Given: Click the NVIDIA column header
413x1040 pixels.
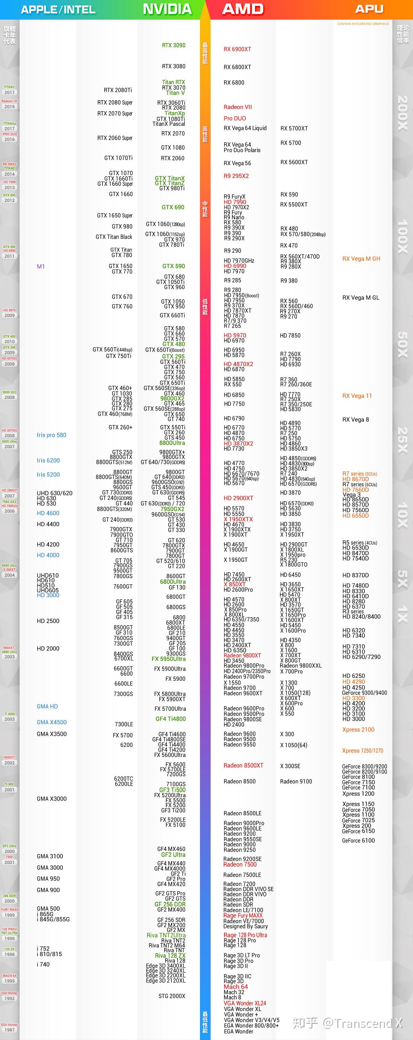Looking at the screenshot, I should click(167, 9).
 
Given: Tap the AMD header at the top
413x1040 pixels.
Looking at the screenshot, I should click(243, 9).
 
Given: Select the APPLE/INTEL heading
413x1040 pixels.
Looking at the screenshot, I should click(58, 10).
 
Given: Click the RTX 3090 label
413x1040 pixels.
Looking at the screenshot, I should click(173, 45).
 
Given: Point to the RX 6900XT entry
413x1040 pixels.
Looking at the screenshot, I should click(237, 49).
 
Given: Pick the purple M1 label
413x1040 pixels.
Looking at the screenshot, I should click(41, 267).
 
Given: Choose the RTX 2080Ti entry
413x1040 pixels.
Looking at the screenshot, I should click(118, 90).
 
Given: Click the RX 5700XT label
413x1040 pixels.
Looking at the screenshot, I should click(294, 128).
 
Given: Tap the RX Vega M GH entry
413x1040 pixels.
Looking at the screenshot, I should click(361, 259).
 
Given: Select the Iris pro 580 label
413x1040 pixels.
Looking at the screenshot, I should click(51, 435).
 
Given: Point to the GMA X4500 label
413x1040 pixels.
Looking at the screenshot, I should click(52, 722).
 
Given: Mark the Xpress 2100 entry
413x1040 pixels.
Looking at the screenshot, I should click(358, 730).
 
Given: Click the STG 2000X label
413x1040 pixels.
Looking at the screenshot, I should click(172, 996).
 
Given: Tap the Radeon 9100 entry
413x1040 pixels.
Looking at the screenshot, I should click(296, 781).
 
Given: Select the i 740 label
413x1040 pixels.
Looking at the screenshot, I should click(43, 964).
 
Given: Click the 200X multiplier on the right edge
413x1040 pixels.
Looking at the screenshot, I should click(403, 113).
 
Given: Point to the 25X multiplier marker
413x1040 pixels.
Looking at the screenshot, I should click(403, 440).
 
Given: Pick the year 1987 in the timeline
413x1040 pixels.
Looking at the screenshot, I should click(9, 1030).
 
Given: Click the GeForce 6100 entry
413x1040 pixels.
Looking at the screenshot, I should click(358, 841).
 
